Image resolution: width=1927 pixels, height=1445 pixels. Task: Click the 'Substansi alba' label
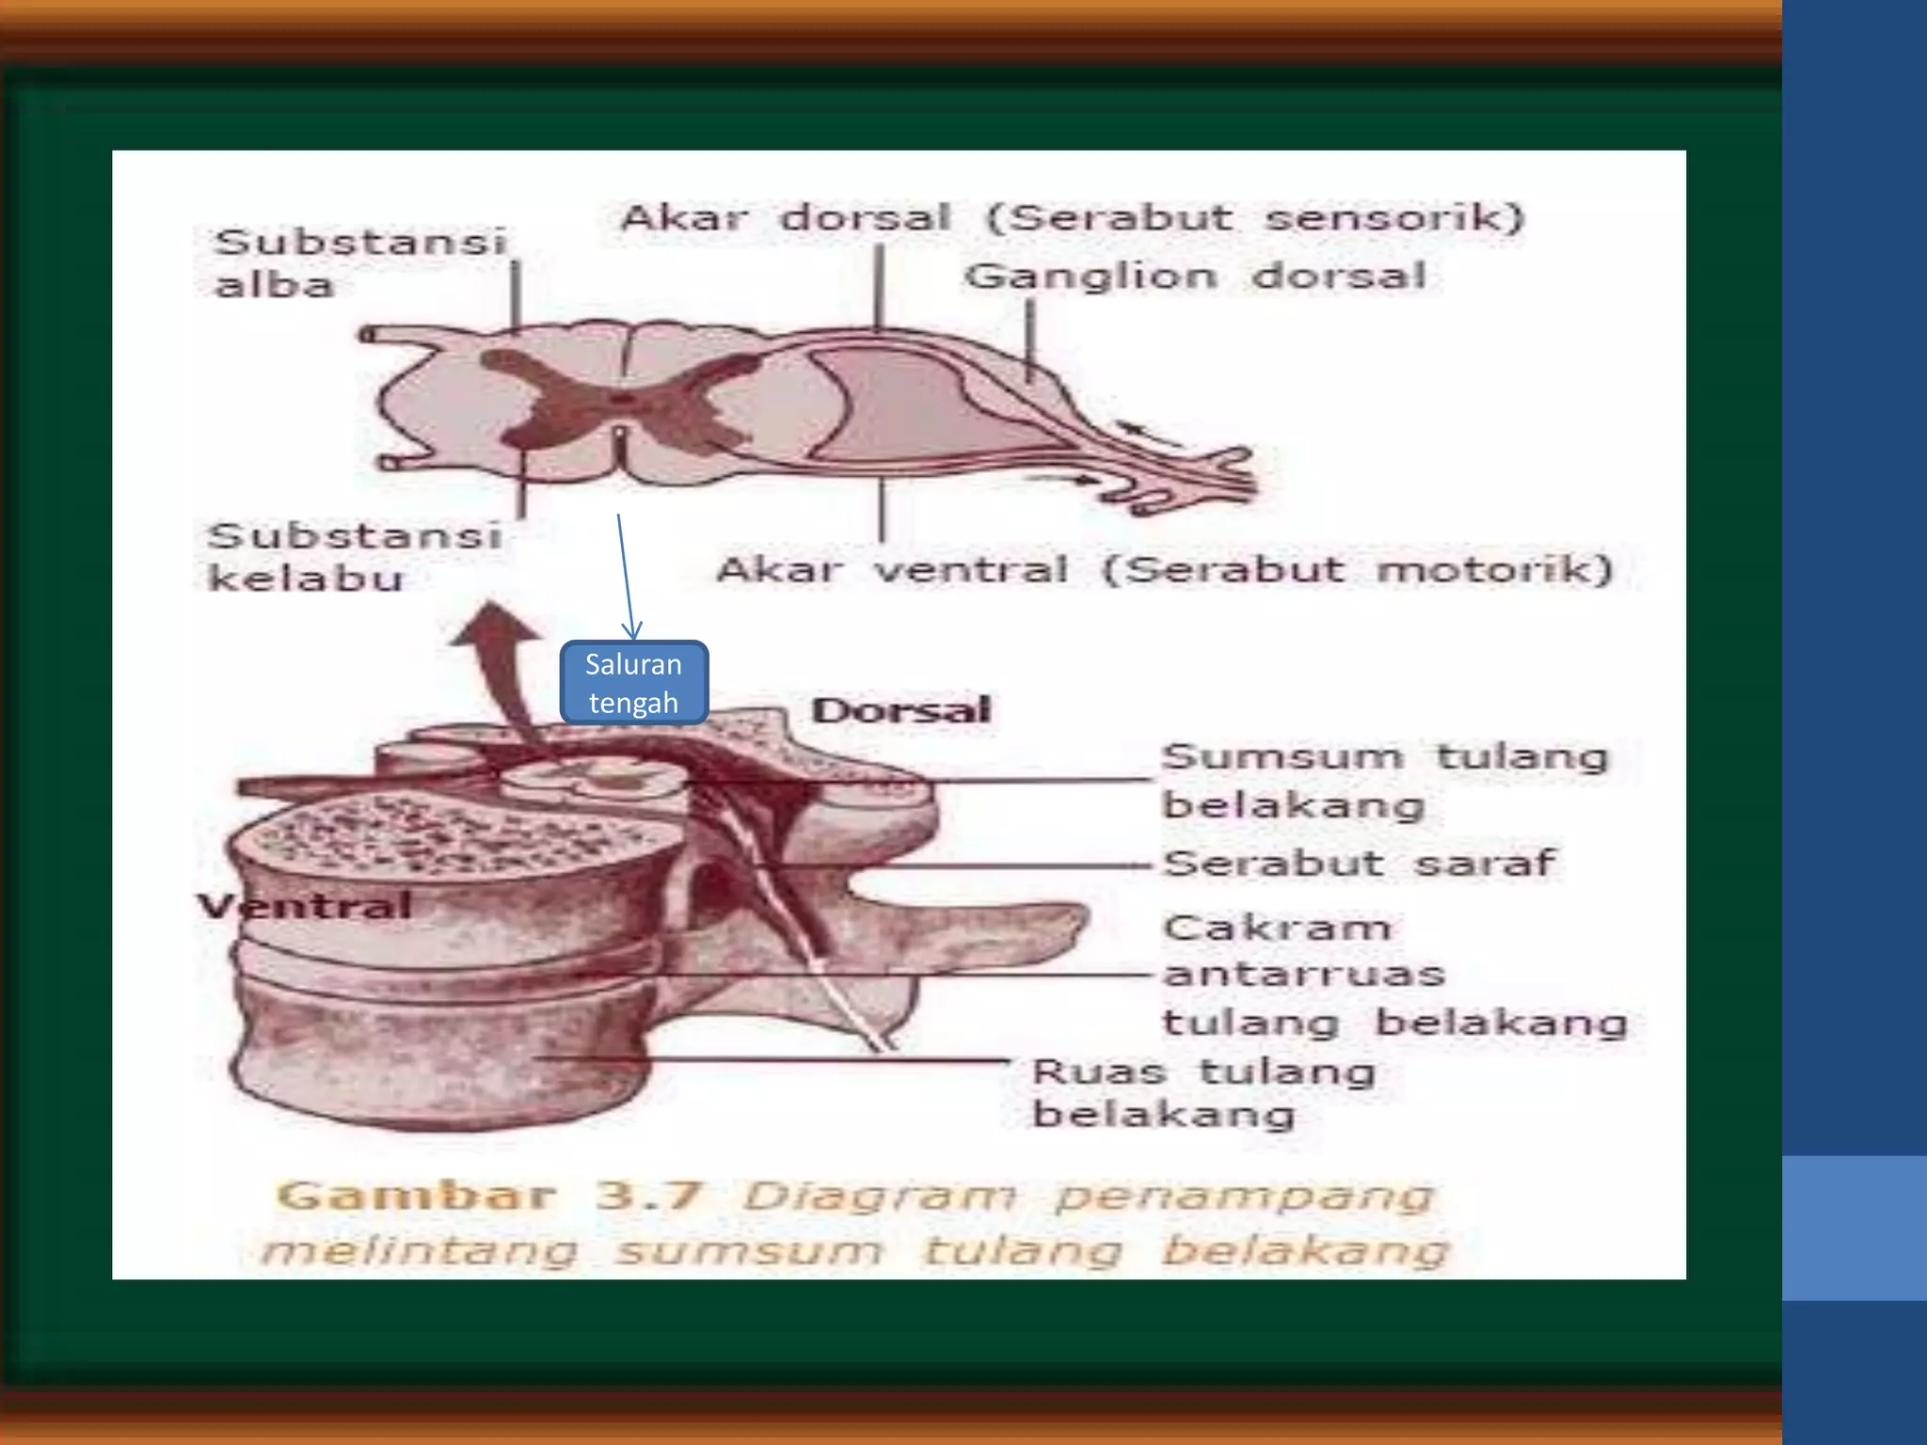pos(361,262)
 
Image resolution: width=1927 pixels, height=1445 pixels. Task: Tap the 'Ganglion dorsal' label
pos(1196,277)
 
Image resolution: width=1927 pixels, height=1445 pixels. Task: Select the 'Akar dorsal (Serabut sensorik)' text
pos(1072,218)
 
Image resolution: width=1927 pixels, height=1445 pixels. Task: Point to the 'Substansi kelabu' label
pos(354,557)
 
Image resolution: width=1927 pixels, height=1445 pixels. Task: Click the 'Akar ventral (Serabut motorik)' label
pos(1165,570)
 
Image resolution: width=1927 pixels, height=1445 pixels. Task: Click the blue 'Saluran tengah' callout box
pos(633,683)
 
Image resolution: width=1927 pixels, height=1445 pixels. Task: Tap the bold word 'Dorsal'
pos(900,710)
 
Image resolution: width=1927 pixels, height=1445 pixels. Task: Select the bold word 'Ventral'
pos(305,906)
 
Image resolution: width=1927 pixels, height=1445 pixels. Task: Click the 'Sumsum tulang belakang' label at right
pos(1385,781)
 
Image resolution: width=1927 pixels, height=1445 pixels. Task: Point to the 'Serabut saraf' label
pos(1359,863)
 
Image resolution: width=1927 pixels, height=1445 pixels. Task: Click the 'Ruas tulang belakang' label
pos(1203,1092)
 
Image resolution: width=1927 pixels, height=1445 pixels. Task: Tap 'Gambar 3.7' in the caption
pos(489,1196)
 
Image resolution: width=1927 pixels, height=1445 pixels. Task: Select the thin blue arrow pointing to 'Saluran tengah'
pos(626,576)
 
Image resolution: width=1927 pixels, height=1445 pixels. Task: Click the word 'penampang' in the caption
pos(1244,1198)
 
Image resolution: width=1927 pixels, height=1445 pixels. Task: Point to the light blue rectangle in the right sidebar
pos(1854,1228)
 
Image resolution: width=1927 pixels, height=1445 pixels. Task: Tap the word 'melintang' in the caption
pos(420,1251)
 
